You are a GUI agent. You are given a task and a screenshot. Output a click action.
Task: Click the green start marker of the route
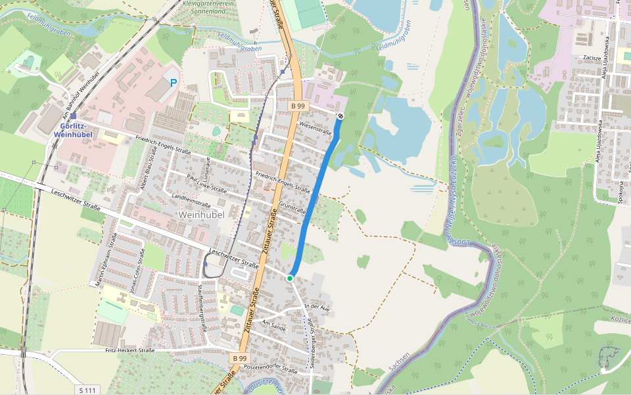click(290, 278)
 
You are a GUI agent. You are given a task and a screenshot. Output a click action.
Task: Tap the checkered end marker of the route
click(340, 117)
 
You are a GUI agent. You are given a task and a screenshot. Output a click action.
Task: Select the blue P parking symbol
click(174, 84)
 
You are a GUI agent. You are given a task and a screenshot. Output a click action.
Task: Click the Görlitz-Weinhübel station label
click(73, 130)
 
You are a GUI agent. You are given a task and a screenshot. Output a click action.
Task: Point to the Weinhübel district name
click(202, 215)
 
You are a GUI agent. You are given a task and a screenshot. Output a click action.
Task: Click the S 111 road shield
click(87, 390)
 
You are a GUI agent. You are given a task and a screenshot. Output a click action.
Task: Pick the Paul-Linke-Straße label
click(207, 184)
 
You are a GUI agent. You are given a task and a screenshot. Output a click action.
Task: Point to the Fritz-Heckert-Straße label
click(130, 351)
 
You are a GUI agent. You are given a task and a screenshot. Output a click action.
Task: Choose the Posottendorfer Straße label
click(271, 368)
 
